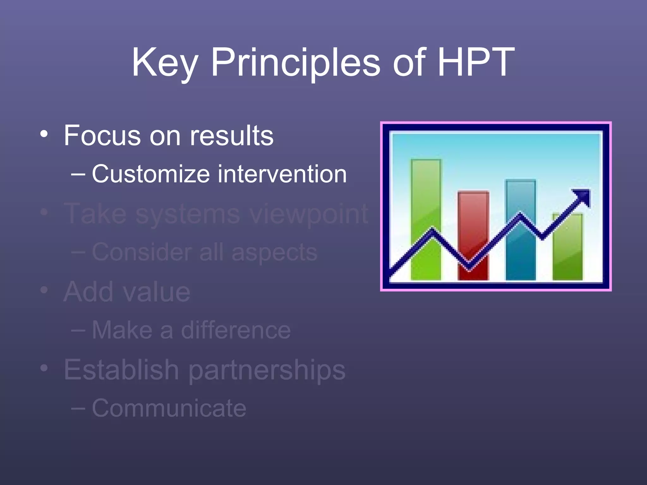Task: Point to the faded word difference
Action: [x=235, y=330]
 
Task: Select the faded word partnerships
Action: [x=267, y=370]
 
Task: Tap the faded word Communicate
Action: [x=169, y=408]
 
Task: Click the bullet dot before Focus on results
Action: [x=44, y=135]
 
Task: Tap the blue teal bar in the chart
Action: [x=520, y=253]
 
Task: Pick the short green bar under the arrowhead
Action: [x=567, y=253]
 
